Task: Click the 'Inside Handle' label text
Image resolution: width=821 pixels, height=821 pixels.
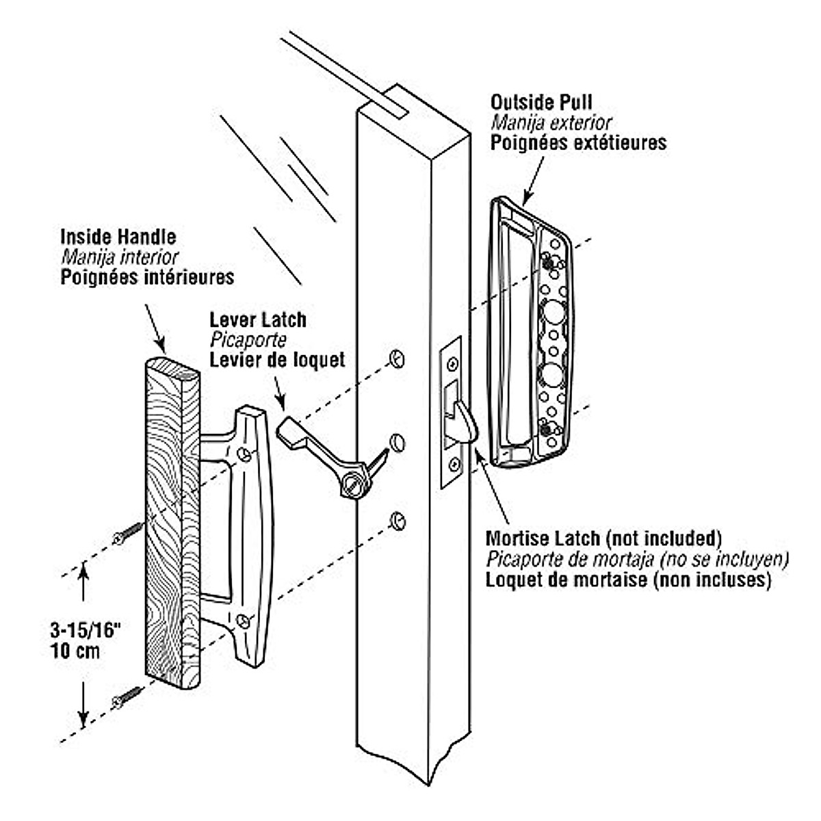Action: [118, 237]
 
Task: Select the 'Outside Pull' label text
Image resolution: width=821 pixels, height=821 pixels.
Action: [540, 103]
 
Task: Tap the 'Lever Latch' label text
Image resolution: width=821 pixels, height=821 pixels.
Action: [257, 320]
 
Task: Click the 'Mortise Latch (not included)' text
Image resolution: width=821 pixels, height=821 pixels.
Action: [603, 537]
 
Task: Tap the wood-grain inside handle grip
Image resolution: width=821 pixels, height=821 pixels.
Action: [171, 520]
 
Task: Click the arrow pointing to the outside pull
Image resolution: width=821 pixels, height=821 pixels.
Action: [534, 178]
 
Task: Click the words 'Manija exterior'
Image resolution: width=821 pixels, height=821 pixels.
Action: [550, 123]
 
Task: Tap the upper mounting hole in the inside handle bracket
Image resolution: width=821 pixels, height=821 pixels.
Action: [244, 454]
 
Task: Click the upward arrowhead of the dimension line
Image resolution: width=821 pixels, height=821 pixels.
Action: [83, 571]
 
